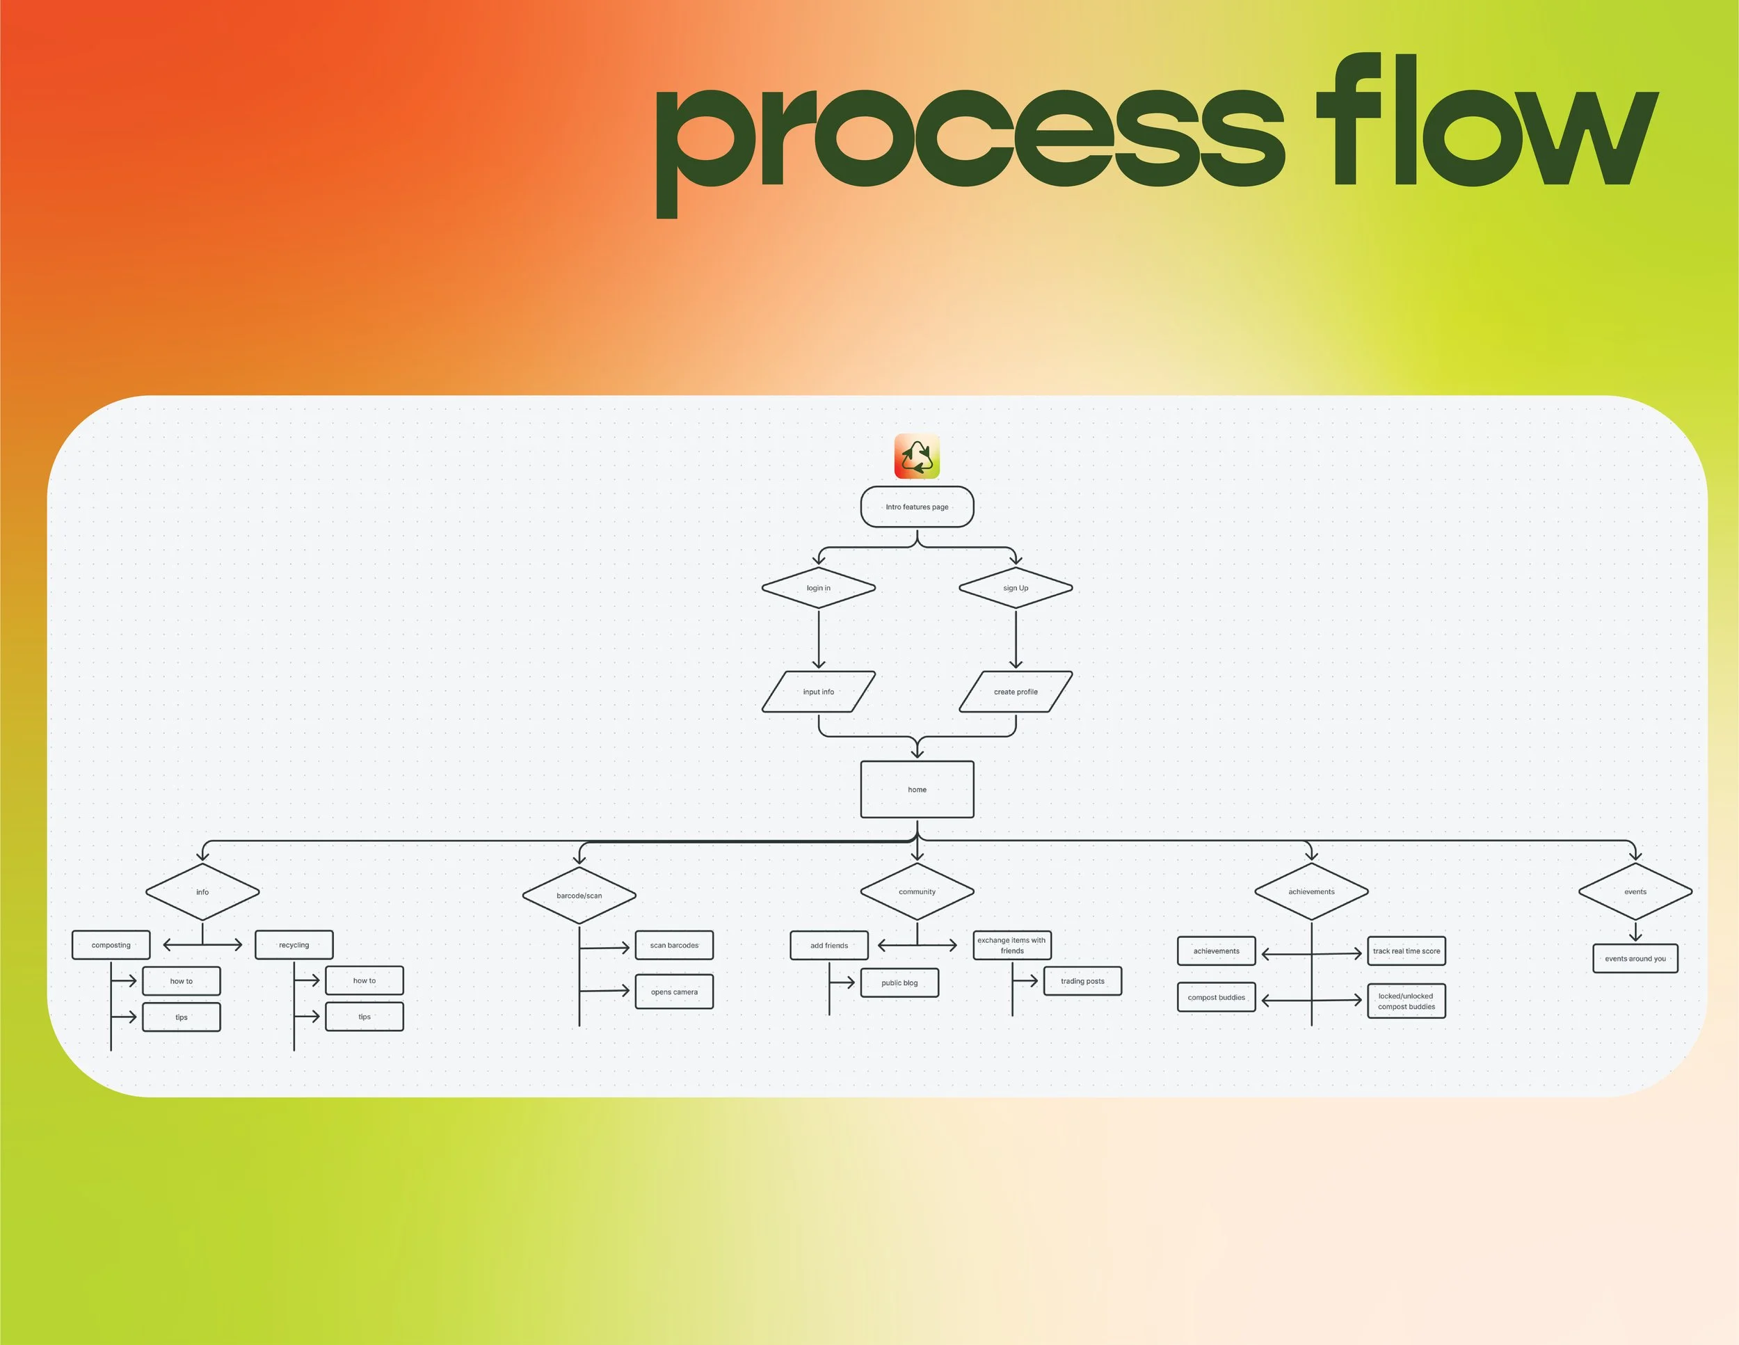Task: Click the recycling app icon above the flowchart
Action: (x=917, y=456)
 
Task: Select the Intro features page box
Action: (x=917, y=507)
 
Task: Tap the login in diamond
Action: (x=819, y=588)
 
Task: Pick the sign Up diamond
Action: (x=1015, y=588)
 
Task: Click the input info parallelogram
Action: (x=819, y=691)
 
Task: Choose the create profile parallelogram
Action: (x=1015, y=691)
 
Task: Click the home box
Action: (x=917, y=789)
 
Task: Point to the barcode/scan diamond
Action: (x=579, y=895)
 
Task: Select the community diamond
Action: (x=917, y=891)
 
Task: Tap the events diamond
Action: (x=1635, y=891)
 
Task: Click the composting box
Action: (x=111, y=944)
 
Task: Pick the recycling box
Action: (x=294, y=944)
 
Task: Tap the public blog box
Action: (x=899, y=982)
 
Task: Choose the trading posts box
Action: (x=1082, y=981)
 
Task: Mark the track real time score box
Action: (x=1407, y=950)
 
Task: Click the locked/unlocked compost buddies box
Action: (x=1407, y=1001)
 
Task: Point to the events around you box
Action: (x=1635, y=958)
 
